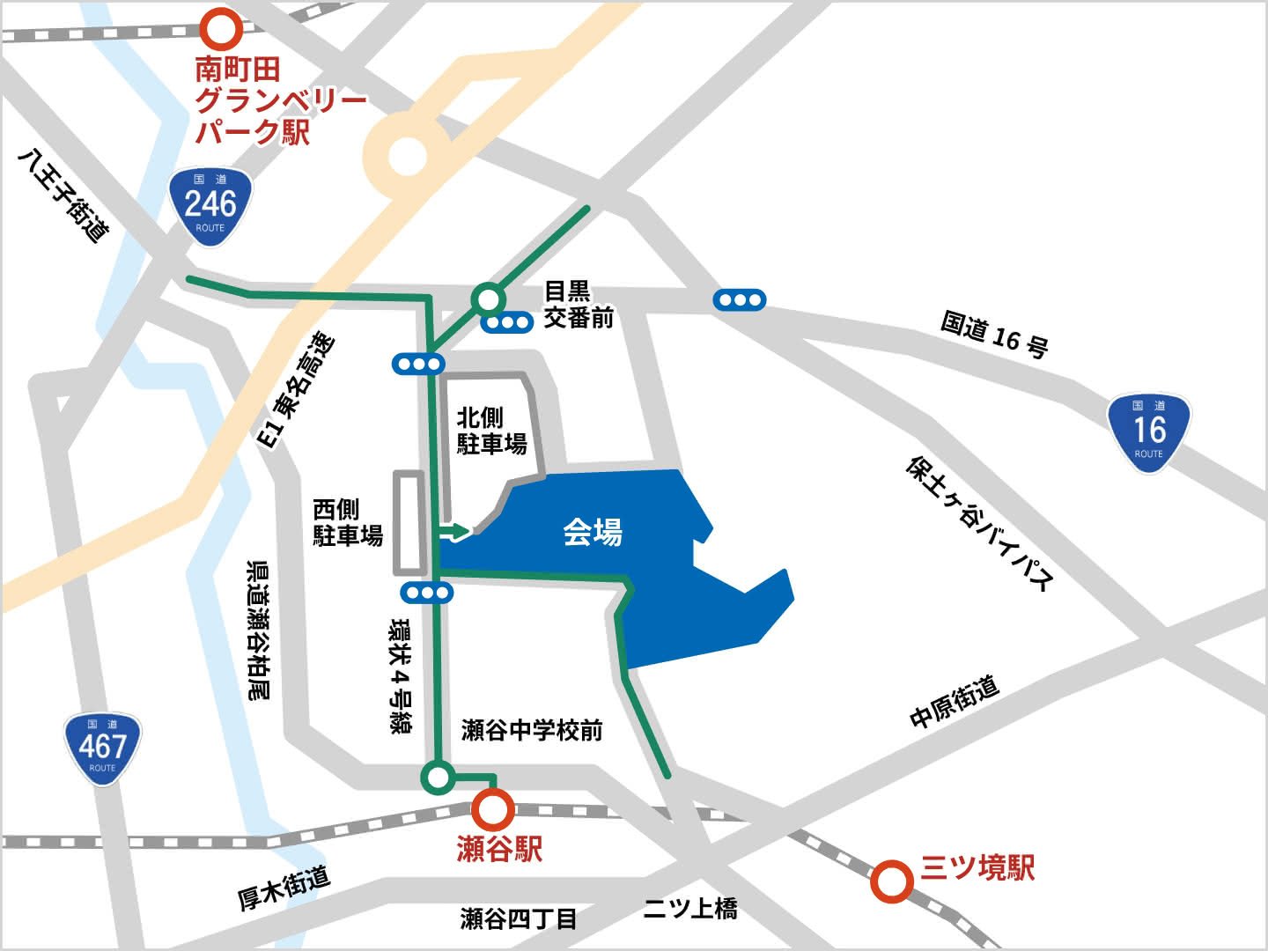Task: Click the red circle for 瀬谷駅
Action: point(493,808)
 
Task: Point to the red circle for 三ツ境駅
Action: point(891,881)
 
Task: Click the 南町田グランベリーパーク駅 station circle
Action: point(220,29)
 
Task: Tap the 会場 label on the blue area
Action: point(593,532)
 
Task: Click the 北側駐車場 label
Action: point(491,431)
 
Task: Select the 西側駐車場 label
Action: point(348,522)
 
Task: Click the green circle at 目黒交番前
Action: point(487,299)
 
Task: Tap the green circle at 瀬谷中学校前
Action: point(438,777)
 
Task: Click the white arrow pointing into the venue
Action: point(456,531)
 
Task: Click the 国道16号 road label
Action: point(994,334)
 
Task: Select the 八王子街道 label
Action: point(64,195)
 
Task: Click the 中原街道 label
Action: point(955,702)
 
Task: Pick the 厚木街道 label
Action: point(284,887)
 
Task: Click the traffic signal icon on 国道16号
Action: point(740,300)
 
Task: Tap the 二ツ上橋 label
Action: point(689,909)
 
